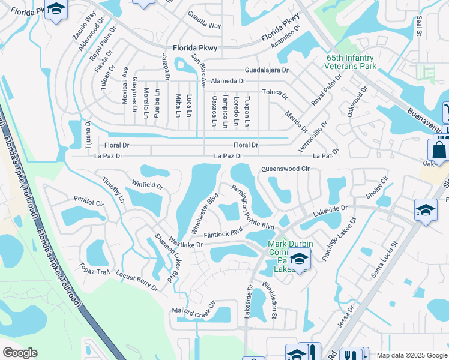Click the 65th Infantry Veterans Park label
point(351,62)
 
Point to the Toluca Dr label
point(275,93)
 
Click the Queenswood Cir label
point(285,170)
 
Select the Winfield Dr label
point(148,182)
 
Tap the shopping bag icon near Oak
point(438,150)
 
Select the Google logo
point(20,353)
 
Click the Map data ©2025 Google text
point(412,355)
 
